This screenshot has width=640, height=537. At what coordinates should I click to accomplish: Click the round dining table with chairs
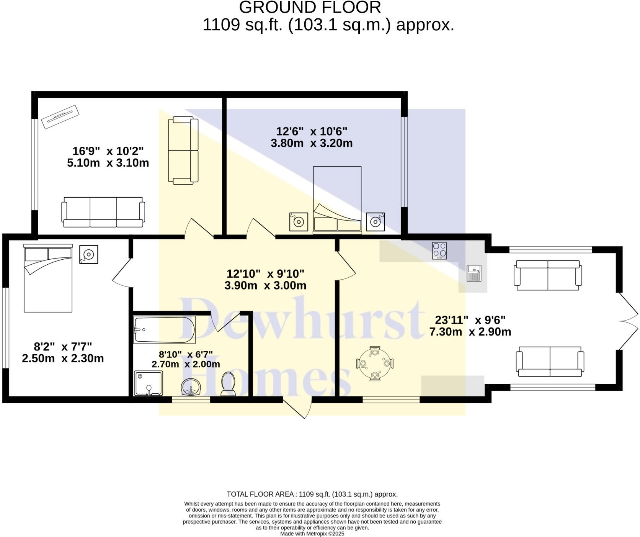click(375, 363)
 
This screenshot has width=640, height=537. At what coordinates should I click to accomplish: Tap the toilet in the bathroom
click(228, 384)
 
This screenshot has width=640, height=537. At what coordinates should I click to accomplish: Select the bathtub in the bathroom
click(165, 330)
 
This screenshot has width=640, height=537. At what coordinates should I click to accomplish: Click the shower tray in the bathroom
click(149, 383)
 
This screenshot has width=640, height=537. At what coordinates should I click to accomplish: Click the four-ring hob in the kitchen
click(439, 250)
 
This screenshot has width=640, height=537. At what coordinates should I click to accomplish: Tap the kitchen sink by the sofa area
click(474, 273)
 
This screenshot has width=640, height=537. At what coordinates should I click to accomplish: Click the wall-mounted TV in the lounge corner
click(60, 117)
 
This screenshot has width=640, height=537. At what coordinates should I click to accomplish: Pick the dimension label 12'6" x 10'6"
click(312, 137)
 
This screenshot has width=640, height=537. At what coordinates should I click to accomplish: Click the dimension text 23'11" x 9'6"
click(470, 326)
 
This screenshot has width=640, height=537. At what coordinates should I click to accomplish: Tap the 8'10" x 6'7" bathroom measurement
click(186, 359)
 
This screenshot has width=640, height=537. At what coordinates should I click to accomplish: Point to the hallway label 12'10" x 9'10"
click(265, 280)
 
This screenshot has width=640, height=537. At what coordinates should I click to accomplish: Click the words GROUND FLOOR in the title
click(310, 8)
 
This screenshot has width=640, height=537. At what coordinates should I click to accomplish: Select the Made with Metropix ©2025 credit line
click(312, 534)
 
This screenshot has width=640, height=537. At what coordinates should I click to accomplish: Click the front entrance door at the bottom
click(297, 408)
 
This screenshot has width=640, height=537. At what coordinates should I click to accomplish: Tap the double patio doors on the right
click(628, 321)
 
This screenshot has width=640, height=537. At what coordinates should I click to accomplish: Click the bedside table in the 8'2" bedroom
click(89, 254)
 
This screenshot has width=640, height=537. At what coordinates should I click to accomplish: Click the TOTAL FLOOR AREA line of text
click(312, 494)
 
